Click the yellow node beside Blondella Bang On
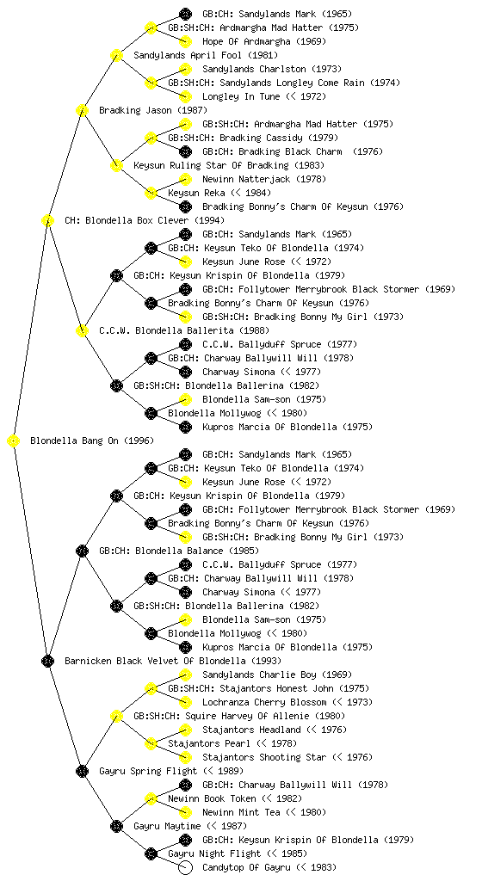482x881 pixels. click(14, 441)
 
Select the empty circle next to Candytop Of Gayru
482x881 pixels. click(185, 867)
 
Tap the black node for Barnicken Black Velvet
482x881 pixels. click(47, 662)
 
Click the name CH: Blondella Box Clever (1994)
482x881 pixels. click(145, 221)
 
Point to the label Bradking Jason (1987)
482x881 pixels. click(153, 111)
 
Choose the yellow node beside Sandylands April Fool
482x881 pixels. click(116, 56)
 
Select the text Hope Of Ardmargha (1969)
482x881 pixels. click(264, 41)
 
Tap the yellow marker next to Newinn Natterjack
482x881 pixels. click(185, 179)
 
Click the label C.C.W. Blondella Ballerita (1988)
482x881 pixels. click(183, 331)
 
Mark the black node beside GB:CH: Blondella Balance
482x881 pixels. click(82, 551)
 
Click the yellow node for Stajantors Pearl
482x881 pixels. click(151, 744)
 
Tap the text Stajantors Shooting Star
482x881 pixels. click(264, 757)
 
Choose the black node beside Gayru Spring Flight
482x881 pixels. click(82, 772)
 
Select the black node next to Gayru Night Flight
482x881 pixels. click(151, 854)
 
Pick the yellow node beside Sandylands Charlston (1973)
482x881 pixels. click(185, 69)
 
